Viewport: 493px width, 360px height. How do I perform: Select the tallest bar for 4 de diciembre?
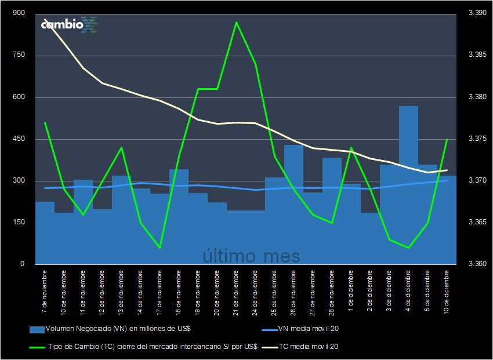(x=408, y=186)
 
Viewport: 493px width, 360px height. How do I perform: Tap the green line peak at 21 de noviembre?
(x=236, y=23)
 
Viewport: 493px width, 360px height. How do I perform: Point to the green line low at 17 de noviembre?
(x=159, y=248)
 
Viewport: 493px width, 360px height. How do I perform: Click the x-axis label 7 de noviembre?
(x=45, y=287)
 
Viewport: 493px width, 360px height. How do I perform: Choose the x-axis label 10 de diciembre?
(x=447, y=290)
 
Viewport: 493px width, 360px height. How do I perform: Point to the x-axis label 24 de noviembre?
(x=255, y=290)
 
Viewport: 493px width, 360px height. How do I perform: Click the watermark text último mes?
(x=251, y=256)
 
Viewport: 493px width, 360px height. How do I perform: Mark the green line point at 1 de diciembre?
(x=351, y=148)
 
